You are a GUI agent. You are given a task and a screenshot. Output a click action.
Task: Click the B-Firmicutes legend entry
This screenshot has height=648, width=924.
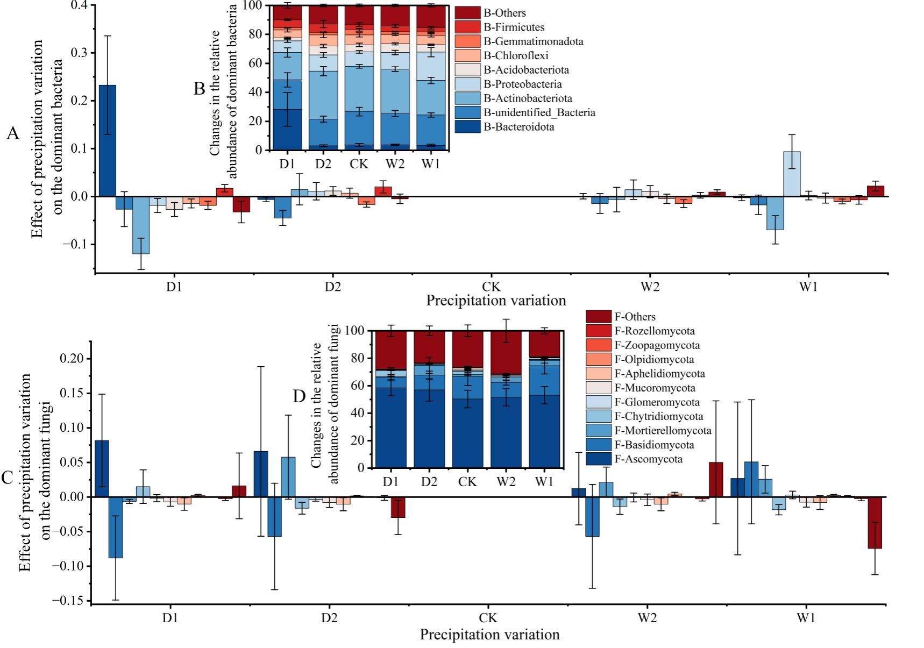point(513,27)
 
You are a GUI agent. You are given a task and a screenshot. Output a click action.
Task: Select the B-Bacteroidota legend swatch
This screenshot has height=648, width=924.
point(467,127)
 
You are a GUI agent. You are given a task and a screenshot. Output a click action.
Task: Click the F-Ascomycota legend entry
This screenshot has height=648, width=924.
point(648,459)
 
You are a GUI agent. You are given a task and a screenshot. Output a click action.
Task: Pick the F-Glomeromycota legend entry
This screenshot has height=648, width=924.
point(657,402)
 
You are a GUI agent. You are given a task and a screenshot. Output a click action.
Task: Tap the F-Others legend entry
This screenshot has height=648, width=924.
point(635,317)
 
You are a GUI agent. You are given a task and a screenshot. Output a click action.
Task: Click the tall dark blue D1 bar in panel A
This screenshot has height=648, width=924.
point(108,141)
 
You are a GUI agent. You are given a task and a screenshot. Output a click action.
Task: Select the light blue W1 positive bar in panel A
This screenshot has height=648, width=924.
point(791,174)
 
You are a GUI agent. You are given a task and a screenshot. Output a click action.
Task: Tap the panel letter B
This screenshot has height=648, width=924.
point(199,89)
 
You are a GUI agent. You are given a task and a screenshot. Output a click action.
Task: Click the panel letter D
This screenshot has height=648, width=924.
point(299,397)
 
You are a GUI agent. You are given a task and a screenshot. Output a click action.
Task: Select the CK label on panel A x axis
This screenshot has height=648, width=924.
point(491,287)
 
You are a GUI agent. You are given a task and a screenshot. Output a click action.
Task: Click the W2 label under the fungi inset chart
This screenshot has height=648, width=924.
point(506,481)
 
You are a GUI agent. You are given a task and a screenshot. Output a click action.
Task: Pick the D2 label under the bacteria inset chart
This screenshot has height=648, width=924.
point(323,163)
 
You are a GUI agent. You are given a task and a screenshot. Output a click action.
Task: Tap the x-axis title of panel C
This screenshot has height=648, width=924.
point(489,635)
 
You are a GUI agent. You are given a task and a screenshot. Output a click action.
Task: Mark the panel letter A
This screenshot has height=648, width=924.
point(13,133)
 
